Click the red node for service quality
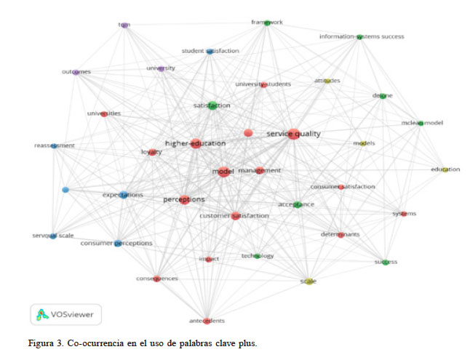point(293,134)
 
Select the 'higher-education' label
point(195,143)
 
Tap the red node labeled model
point(224,172)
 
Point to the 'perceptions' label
point(183,199)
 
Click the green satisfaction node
point(212,105)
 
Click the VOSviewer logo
point(66,314)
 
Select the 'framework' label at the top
point(267,23)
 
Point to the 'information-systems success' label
point(362,36)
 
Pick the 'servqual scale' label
point(52,236)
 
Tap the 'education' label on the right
point(445,169)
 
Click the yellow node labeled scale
point(308,281)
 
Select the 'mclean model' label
point(422,122)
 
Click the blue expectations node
point(124,195)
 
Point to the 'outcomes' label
point(76,71)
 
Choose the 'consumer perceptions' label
point(116,243)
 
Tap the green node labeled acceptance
point(297,205)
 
